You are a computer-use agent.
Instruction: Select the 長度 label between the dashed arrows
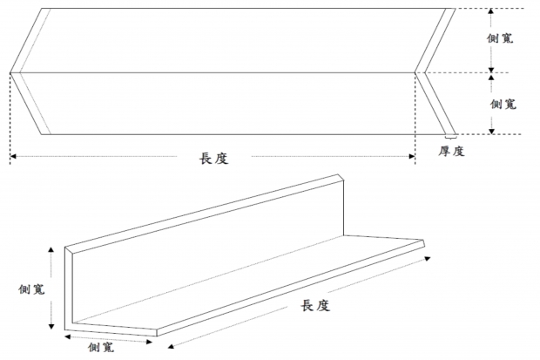pos(214,159)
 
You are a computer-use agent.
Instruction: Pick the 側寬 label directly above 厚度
pos(503,104)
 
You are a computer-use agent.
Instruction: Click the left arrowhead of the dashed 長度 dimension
pos(12,158)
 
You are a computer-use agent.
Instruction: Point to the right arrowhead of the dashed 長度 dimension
pos(413,158)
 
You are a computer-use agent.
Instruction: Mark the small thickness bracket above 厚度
pos(450,137)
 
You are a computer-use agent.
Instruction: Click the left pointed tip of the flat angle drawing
pos(10,71)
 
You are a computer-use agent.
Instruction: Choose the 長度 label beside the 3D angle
pos(314,306)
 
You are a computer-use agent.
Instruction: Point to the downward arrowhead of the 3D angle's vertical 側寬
pos(54,329)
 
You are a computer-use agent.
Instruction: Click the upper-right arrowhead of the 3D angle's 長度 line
pos(429,258)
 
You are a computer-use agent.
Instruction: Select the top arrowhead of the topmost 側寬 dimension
pos(490,10)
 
